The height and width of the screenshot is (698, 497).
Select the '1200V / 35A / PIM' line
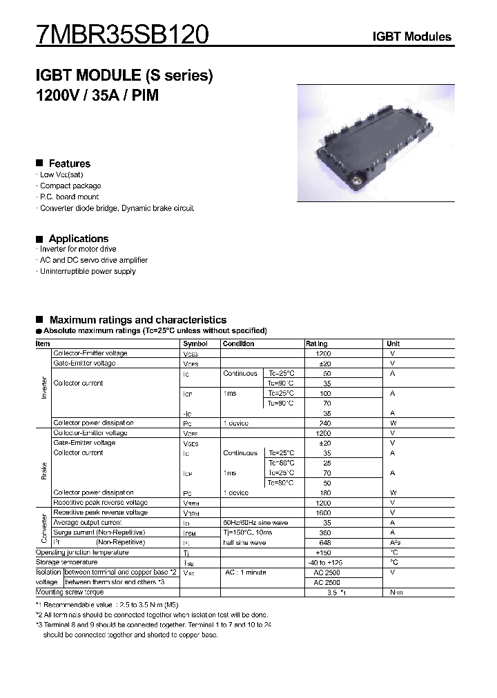pyautogui.click(x=97, y=96)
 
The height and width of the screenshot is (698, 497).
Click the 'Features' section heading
pyautogui.click(x=69, y=163)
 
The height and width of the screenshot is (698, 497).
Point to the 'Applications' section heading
pyautogui.click(x=78, y=239)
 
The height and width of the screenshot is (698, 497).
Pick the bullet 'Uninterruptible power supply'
pyautogui.click(x=88, y=271)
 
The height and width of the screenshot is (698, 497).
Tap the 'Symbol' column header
pyautogui.click(x=195, y=343)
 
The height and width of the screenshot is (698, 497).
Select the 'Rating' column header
pyautogui.click(x=317, y=343)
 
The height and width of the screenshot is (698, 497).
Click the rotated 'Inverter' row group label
pyautogui.click(x=44, y=388)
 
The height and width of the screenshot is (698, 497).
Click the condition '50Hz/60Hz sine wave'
pyautogui.click(x=255, y=523)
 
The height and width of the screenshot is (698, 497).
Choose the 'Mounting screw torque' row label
pyautogui.click(x=70, y=592)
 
